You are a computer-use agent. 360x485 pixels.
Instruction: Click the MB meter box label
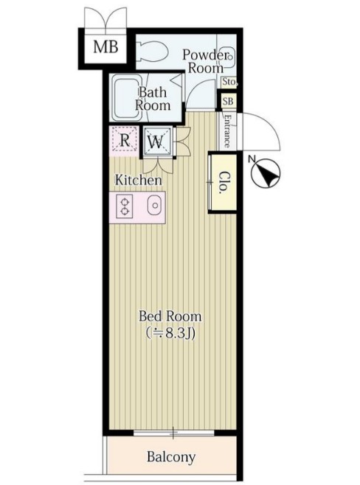click(x=105, y=47)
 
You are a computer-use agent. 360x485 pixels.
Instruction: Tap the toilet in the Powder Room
click(x=152, y=51)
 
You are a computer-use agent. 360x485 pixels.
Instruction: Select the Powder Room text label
click(x=205, y=61)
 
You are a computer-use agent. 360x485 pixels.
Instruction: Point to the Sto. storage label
click(x=229, y=82)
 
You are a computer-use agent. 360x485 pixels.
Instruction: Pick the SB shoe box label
click(x=229, y=101)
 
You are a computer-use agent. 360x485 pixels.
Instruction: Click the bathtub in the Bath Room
click(x=126, y=98)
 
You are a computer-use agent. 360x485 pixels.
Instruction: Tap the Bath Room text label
click(x=152, y=99)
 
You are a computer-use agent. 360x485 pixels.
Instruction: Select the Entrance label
click(x=227, y=131)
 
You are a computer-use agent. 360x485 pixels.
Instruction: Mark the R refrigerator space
click(x=125, y=141)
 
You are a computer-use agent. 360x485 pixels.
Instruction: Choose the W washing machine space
click(x=156, y=142)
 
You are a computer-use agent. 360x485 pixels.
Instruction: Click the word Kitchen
click(x=139, y=180)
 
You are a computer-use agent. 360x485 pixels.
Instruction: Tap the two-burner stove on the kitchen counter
click(x=125, y=206)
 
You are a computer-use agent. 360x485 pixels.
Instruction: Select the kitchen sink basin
click(x=155, y=205)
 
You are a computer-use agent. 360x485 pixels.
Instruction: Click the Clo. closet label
click(x=224, y=183)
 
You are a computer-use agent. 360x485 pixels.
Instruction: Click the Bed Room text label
click(x=170, y=316)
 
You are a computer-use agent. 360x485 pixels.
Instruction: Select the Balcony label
click(x=171, y=457)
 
